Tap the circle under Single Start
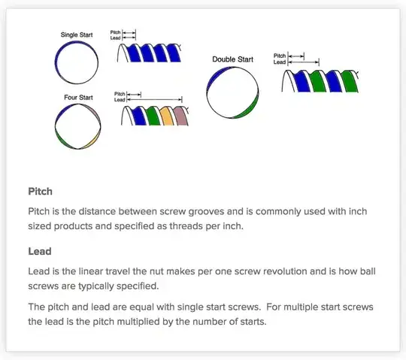coord(76,61)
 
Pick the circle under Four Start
coord(76,126)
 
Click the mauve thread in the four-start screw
coord(179,116)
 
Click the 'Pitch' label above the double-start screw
coord(279,56)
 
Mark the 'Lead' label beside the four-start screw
coord(120,99)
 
